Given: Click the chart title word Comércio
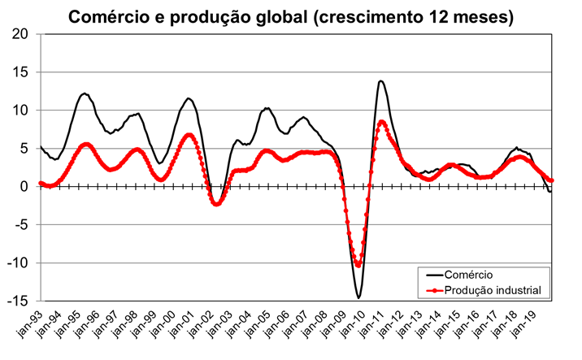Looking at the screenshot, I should point(105,16).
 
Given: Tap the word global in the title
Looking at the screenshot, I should point(267,16).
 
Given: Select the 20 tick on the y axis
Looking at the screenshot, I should point(20,34).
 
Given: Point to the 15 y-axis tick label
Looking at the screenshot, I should point(20,72).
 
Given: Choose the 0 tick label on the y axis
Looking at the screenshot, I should point(24,186).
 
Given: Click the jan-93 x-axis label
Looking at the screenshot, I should point(31,325).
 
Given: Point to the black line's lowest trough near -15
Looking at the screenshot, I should point(358,297).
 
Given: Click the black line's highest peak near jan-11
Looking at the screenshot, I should point(380,80).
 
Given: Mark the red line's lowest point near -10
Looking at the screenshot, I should point(358,264).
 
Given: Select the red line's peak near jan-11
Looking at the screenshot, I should point(381,122).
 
